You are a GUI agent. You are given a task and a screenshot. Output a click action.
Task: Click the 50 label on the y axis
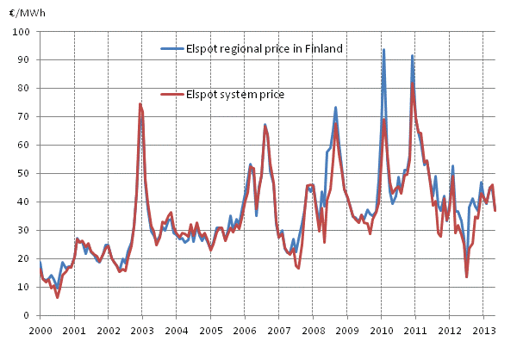tap(27, 174)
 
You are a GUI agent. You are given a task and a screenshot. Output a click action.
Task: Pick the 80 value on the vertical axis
tap(27, 89)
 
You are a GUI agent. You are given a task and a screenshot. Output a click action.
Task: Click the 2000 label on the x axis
tap(40, 331)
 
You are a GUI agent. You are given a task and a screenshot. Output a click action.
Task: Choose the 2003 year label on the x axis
tap(142, 331)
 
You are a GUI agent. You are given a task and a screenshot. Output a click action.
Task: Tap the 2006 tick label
tap(245, 331)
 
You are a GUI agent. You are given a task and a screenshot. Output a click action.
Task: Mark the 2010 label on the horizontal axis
tap(381, 331)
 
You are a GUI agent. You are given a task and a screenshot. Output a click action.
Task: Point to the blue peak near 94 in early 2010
tap(384, 50)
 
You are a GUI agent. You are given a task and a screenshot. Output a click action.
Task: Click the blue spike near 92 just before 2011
tap(412, 56)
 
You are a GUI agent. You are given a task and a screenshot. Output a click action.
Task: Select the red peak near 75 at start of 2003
tap(140, 104)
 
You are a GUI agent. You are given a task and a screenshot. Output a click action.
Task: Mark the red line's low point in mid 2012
tap(467, 276)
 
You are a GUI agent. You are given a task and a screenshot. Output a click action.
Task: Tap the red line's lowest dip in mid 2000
tap(58, 297)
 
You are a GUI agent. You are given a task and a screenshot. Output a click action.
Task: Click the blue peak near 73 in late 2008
tap(335, 108)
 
